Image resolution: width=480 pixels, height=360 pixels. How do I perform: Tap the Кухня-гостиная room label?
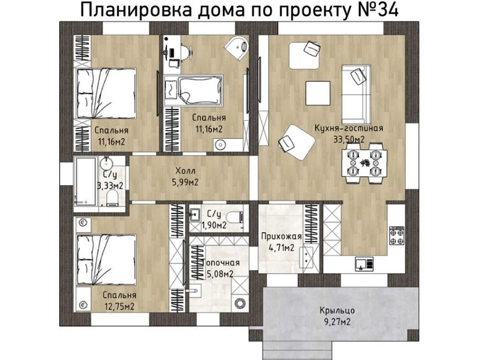(x=349, y=128)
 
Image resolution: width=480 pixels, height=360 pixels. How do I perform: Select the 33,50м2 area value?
(x=349, y=139)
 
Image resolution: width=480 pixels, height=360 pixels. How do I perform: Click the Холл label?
(x=185, y=171)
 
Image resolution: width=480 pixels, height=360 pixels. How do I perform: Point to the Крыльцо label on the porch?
(x=337, y=311)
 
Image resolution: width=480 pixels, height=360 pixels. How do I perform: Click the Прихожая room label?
(x=281, y=237)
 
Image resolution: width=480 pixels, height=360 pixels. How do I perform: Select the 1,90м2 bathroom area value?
(x=214, y=225)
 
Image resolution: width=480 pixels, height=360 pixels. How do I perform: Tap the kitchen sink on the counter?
(x=364, y=264)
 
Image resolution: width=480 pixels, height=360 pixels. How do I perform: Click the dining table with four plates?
(x=364, y=163)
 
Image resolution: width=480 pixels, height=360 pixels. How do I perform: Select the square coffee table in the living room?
(x=318, y=93)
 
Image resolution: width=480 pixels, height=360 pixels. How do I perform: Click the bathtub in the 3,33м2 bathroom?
(x=85, y=181)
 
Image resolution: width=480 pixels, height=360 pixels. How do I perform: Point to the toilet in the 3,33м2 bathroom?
(x=112, y=198)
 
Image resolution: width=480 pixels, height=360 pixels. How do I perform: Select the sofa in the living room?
(x=356, y=95)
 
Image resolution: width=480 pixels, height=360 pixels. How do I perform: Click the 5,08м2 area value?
(x=219, y=274)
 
